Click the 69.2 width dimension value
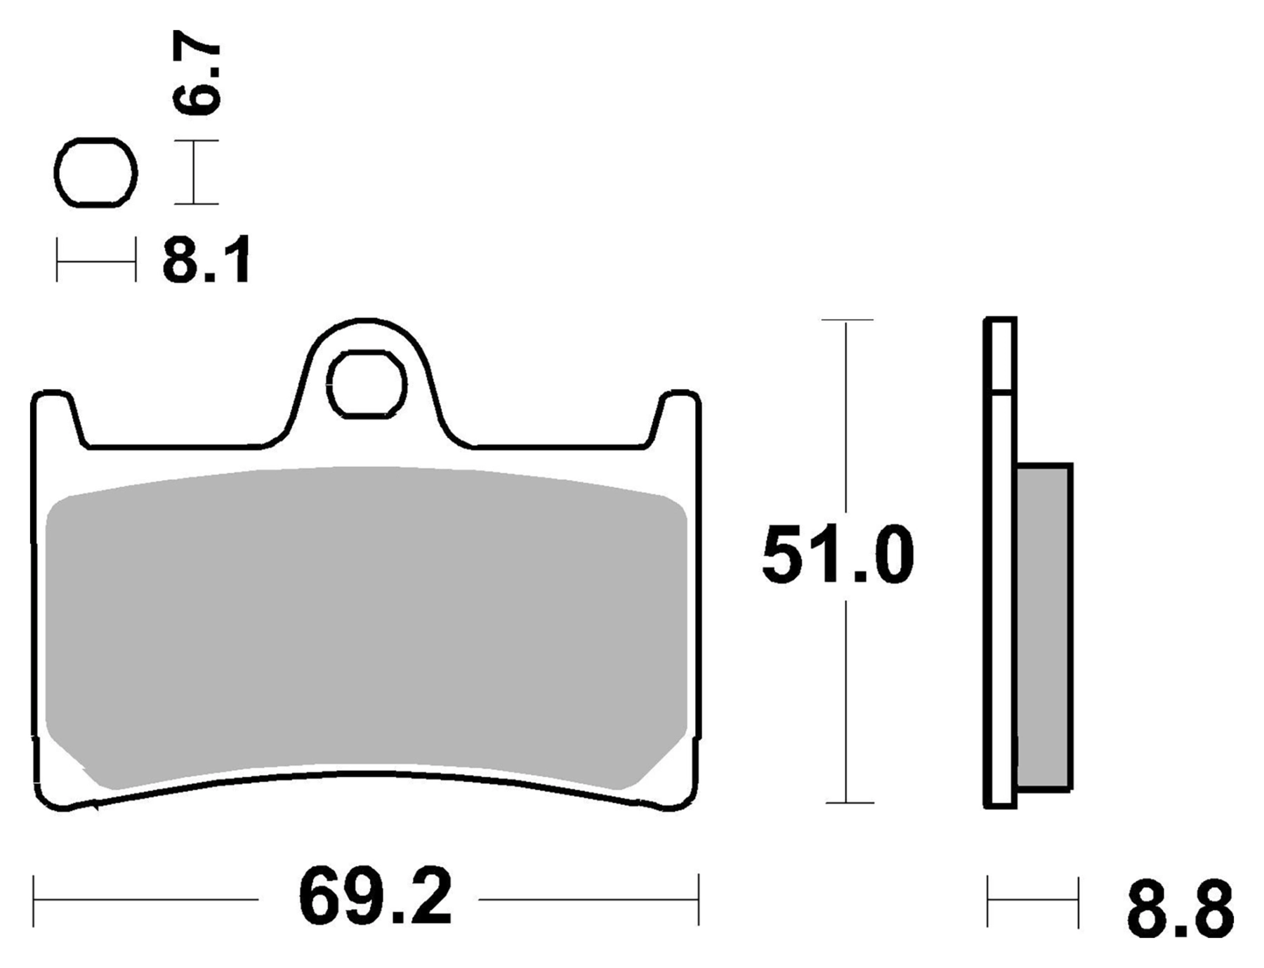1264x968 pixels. [375, 899]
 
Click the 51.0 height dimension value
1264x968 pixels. [837, 555]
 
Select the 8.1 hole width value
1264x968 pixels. [206, 261]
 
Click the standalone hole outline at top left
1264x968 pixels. [96, 173]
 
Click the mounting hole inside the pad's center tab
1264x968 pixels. [367, 385]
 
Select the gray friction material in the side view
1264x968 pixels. [1044, 625]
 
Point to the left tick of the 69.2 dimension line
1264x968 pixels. [34, 900]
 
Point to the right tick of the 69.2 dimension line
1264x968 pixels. [698, 900]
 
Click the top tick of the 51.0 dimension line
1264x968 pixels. [847, 320]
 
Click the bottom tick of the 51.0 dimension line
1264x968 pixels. [849, 802]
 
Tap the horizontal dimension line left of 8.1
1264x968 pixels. [96, 261]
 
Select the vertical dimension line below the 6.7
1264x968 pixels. [196, 173]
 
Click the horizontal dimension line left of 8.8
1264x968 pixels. [1032, 900]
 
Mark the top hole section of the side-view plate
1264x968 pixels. [1000, 354]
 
